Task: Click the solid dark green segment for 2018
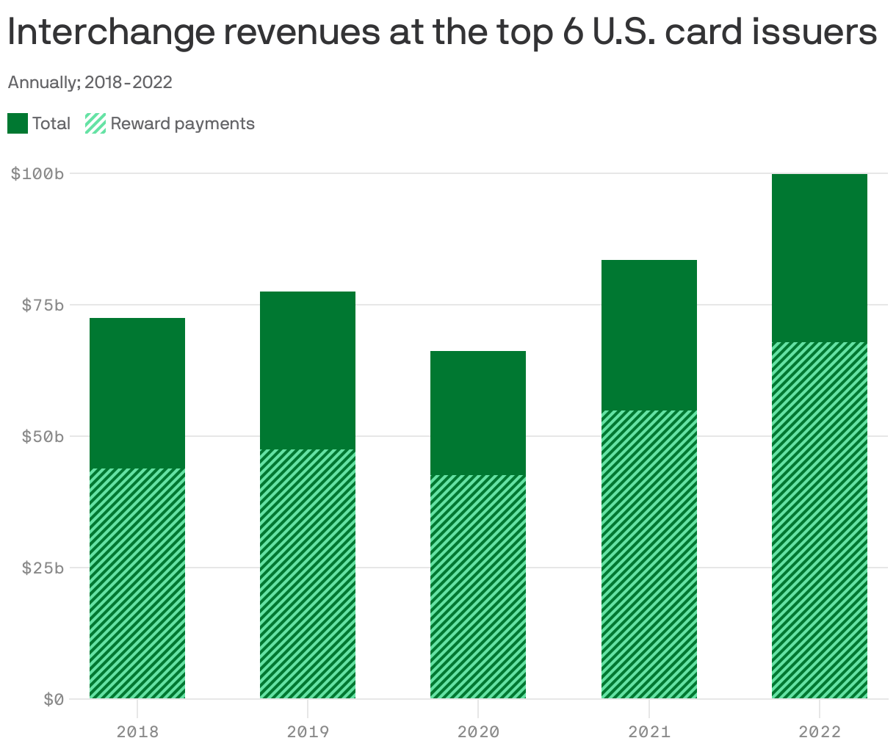point(137,393)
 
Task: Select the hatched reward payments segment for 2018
point(137,583)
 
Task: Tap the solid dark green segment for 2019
point(308,370)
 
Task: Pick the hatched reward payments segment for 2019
point(308,573)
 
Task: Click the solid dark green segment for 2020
point(478,413)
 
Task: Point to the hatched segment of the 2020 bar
point(478,587)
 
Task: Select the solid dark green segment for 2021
point(649,335)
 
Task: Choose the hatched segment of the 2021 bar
point(649,554)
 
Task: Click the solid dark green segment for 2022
point(820,258)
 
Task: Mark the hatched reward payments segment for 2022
point(820,520)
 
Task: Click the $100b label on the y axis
point(37,174)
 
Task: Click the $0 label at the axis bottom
point(54,699)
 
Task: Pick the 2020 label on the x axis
point(478,731)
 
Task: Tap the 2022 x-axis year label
point(820,731)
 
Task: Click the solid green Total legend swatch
point(18,123)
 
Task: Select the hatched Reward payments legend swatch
point(96,123)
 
